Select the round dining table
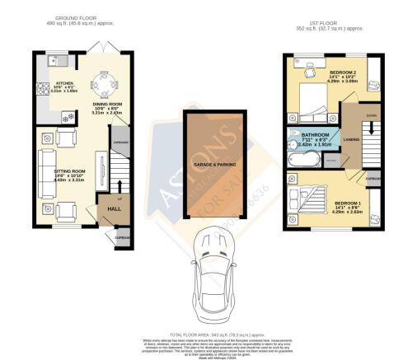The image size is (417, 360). tap(103, 86)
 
